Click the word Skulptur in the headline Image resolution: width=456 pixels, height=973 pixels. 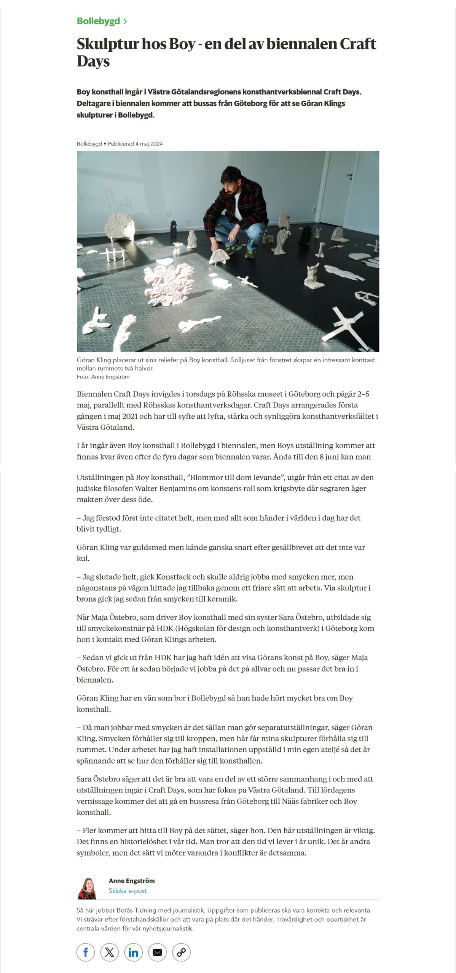click(107, 44)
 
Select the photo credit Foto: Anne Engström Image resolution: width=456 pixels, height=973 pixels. click(103, 377)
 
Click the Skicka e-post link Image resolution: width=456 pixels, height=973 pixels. click(128, 891)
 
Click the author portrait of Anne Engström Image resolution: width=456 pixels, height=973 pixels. click(88, 888)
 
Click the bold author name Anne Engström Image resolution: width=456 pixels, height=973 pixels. click(132, 881)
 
